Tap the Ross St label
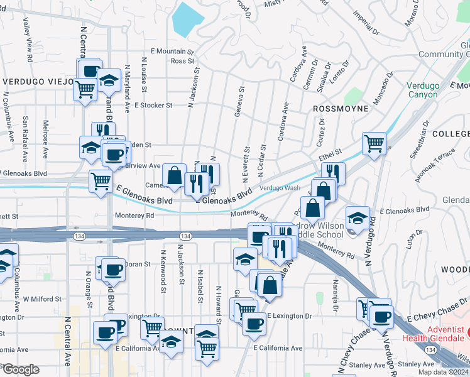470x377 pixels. pyautogui.click(x=182, y=61)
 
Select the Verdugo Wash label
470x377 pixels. pyautogui.click(x=280, y=188)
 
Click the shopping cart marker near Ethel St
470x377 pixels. pyautogui.click(x=374, y=143)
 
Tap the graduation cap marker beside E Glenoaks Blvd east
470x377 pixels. pyautogui.click(x=358, y=216)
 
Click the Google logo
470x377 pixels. pyautogui.click(x=20, y=369)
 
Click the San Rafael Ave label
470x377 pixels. pyautogui.click(x=26, y=131)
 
